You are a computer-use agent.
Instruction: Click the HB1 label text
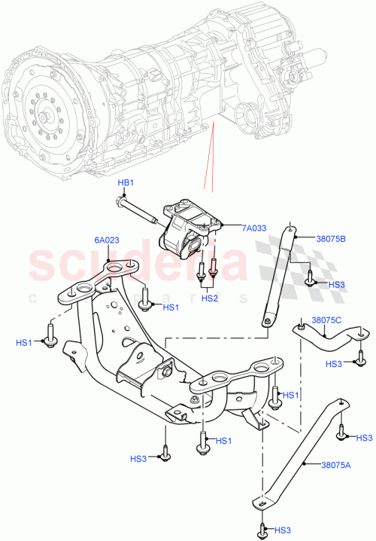tap(125, 183)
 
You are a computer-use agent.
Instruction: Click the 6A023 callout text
tap(106, 240)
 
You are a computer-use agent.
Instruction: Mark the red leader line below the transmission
tap(211, 158)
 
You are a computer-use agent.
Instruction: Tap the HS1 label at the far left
tap(24, 343)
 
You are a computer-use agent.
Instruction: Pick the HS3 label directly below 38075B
tap(337, 284)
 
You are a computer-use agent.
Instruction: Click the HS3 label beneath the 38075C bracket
tap(334, 364)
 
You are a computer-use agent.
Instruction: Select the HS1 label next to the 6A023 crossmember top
tap(171, 307)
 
